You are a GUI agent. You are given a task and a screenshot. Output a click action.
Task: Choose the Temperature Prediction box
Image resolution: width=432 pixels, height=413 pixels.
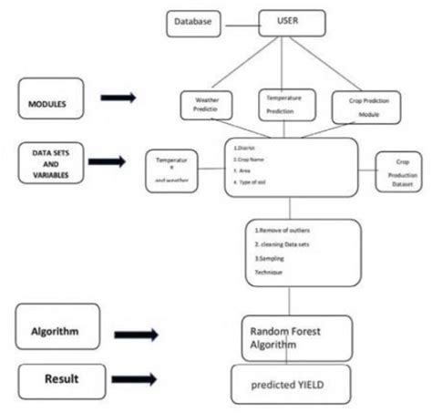tap(285, 105)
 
